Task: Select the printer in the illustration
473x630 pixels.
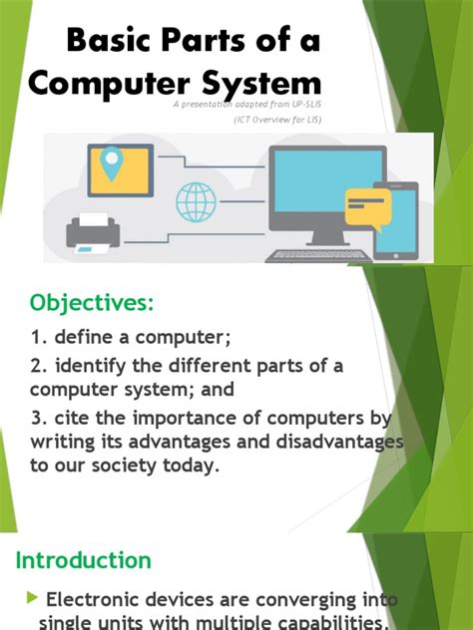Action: [x=93, y=233]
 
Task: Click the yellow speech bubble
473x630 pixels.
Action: [x=367, y=207]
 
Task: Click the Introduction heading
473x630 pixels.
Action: [x=83, y=560]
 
